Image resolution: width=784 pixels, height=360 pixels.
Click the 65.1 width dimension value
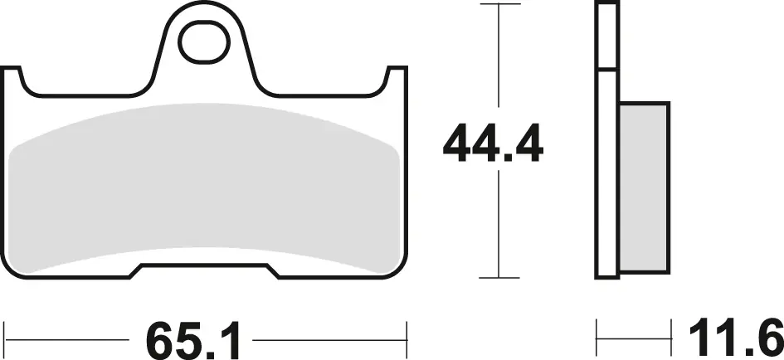(193, 340)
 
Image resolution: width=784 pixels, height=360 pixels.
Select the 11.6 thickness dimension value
(736, 340)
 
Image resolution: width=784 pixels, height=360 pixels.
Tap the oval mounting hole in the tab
(204, 43)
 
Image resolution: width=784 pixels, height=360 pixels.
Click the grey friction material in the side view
(644, 187)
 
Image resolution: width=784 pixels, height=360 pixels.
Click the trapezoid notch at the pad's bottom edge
(204, 270)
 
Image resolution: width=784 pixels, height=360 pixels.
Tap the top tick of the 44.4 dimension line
(499, 4)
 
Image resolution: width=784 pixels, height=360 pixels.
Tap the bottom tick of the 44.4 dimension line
(499, 278)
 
